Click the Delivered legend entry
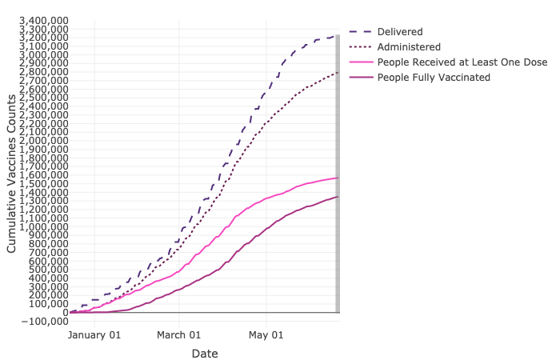click(x=400, y=31)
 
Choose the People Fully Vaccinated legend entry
click(x=434, y=77)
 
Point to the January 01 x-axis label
click(x=94, y=334)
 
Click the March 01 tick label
click(x=178, y=334)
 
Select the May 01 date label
click(x=266, y=334)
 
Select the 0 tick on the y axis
click(x=64, y=312)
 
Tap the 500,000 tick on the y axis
click(x=48, y=270)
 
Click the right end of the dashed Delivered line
click(x=338, y=35)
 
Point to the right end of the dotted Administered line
click(x=338, y=72)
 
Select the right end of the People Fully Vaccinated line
click(x=338, y=197)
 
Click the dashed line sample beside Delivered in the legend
click(x=360, y=31)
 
